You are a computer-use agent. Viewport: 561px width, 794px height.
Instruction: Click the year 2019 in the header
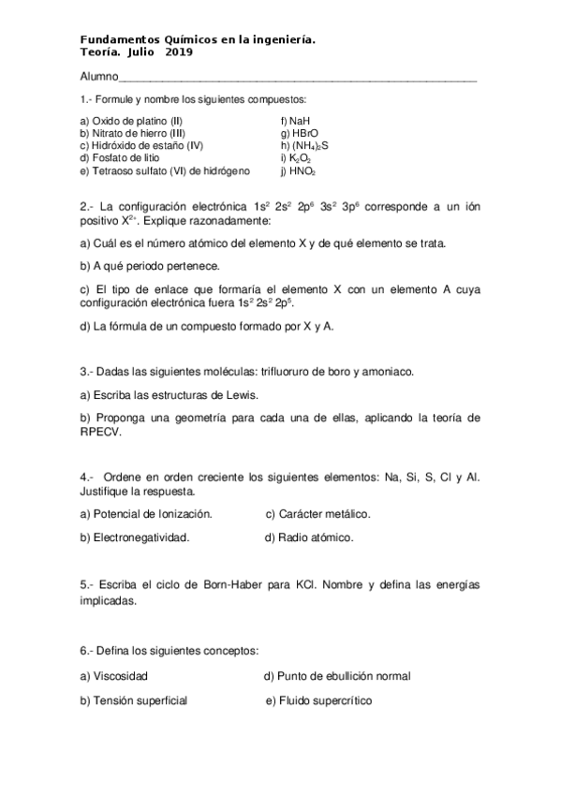click(x=179, y=52)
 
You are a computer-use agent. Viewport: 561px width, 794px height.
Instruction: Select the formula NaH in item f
click(x=301, y=121)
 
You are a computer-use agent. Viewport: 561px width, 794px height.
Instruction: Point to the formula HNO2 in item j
click(x=303, y=171)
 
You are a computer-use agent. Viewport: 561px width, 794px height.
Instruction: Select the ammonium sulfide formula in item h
click(x=310, y=146)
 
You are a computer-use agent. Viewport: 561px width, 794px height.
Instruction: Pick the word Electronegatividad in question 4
click(x=140, y=537)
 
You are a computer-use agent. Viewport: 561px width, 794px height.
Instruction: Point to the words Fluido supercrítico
click(x=324, y=700)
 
